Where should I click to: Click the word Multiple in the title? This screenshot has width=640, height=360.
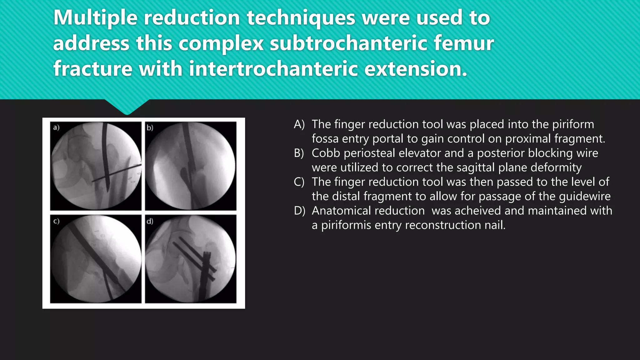click(95, 18)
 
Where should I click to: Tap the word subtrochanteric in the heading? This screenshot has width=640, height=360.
click(348, 43)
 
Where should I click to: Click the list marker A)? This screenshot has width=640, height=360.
click(299, 124)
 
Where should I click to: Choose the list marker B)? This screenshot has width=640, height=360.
click(299, 153)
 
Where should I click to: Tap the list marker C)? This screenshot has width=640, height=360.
click(299, 182)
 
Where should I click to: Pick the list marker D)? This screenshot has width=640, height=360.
click(299, 211)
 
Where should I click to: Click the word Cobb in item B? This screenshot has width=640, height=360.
click(325, 153)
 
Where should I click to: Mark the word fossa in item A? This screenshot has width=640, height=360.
click(325, 139)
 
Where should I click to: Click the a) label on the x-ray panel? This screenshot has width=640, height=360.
click(56, 127)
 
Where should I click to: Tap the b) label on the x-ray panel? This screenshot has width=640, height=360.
click(150, 127)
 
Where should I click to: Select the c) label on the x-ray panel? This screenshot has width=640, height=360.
click(56, 221)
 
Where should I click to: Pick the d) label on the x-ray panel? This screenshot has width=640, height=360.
click(150, 221)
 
